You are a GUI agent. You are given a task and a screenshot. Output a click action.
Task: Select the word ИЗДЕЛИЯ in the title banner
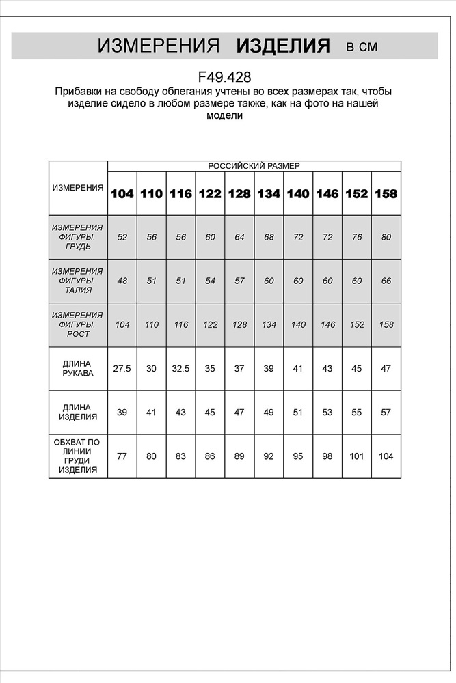point(283,46)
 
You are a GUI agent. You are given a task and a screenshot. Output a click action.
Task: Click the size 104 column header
point(122,193)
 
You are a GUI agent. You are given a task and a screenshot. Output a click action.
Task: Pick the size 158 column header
point(386,193)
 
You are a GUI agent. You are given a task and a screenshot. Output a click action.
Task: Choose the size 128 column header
point(239,193)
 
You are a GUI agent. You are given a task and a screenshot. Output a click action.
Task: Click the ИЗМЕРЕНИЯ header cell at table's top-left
point(78,187)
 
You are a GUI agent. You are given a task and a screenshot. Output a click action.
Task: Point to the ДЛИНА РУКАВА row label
point(78,369)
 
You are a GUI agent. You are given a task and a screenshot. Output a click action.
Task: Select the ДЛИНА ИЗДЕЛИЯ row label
point(78,412)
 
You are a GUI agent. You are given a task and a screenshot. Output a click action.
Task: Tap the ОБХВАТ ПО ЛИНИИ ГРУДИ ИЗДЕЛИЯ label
point(78,456)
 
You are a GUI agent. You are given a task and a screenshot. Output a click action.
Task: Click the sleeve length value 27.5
point(122,369)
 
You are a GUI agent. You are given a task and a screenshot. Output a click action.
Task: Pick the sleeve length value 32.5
point(180,369)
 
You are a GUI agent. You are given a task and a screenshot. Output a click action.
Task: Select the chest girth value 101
point(357,456)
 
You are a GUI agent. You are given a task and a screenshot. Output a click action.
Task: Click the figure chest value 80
point(386,237)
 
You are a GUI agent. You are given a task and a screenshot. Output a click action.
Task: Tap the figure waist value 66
point(386,281)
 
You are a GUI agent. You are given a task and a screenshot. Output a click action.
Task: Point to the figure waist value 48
point(122,281)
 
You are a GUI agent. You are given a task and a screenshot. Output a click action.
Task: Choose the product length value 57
point(386,413)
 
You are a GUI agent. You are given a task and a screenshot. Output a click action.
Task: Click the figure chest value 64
point(239,237)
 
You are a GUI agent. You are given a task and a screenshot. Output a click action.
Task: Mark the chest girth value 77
point(122,456)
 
